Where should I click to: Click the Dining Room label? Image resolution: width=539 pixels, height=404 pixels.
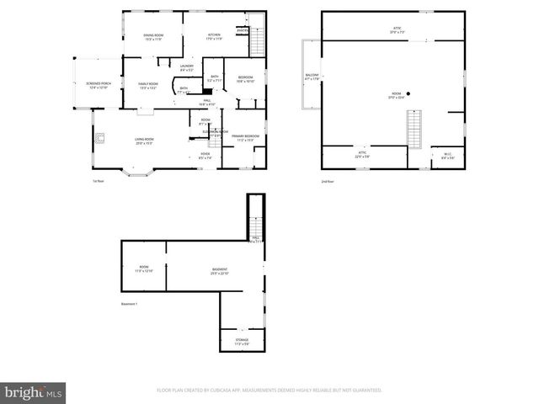(153, 36)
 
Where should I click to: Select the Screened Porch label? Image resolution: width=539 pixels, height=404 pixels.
(99, 85)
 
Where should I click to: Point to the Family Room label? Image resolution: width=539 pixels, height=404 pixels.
(148, 85)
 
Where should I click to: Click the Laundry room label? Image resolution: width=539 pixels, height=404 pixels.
(187, 67)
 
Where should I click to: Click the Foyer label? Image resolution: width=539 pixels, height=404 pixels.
(205, 155)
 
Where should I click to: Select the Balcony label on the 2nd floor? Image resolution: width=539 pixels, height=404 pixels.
(312, 77)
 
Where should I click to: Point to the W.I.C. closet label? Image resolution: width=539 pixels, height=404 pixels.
(448, 155)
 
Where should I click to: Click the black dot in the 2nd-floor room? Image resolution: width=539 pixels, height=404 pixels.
(408, 93)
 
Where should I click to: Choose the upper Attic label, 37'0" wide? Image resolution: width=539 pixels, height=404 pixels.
(397, 30)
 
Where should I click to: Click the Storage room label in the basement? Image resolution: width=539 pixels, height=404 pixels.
(242, 342)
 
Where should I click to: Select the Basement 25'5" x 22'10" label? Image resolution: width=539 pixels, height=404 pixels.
(219, 272)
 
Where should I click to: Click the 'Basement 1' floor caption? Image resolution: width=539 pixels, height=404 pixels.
(129, 304)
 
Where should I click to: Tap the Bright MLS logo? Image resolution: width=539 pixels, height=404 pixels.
(34, 392)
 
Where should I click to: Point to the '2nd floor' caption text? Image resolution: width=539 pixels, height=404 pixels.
(327, 181)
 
